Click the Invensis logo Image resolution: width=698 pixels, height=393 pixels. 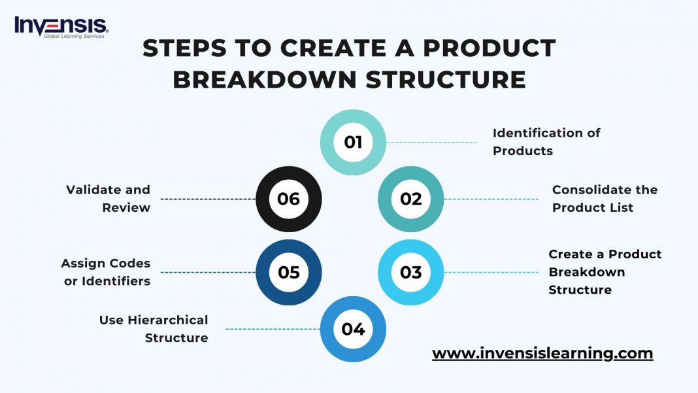click(x=61, y=26)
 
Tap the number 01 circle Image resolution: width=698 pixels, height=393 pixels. click(x=353, y=142)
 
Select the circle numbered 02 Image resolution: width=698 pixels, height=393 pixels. click(x=411, y=199)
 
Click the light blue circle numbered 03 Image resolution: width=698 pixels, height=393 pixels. click(x=411, y=272)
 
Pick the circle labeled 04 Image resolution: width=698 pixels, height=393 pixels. click(x=353, y=329)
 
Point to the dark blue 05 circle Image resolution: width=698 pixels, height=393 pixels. click(x=288, y=272)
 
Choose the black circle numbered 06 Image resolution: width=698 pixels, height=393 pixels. click(x=288, y=199)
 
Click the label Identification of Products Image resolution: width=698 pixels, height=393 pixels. click(x=546, y=142)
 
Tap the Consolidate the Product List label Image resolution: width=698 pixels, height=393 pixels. click(x=605, y=199)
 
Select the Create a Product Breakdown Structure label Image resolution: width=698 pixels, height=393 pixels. click(x=605, y=272)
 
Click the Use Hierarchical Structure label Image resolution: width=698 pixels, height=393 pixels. click(x=154, y=329)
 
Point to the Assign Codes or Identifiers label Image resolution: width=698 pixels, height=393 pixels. click(x=106, y=272)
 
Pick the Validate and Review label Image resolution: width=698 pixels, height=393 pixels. click(x=108, y=199)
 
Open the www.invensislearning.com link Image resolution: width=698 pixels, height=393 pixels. click(x=542, y=354)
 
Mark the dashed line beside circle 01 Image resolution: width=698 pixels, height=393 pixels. click(x=432, y=142)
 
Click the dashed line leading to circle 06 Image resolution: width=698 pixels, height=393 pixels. click(x=208, y=199)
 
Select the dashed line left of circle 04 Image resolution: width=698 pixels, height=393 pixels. click(x=273, y=329)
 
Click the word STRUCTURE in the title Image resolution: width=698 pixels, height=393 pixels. click(x=446, y=80)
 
